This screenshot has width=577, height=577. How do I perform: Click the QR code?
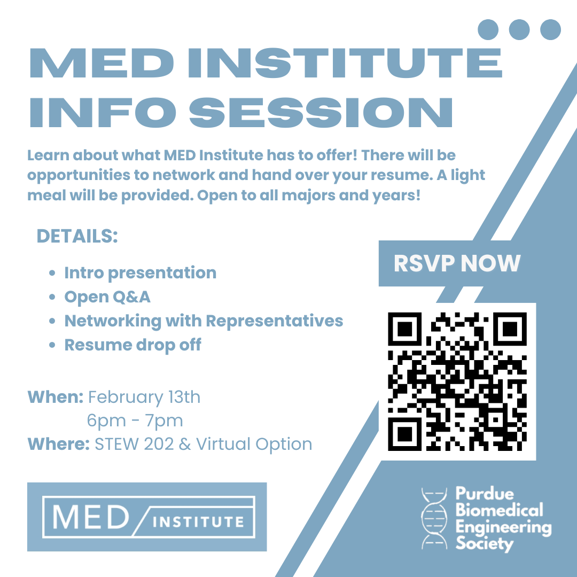(457, 381)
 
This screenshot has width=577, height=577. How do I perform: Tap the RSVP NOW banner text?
(457, 263)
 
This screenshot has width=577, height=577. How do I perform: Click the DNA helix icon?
(434, 518)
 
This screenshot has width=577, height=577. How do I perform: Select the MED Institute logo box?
(147, 517)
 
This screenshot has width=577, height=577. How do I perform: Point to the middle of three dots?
(519, 29)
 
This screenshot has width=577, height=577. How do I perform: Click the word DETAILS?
(77, 236)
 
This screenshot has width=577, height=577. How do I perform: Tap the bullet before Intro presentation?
(52, 273)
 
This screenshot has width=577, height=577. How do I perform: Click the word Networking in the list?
(113, 321)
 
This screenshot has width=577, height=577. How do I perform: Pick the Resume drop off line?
(133, 345)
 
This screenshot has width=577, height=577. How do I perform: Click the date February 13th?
(144, 397)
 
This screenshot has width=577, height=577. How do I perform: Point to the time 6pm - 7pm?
(135, 420)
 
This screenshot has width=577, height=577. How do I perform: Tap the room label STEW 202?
(134, 444)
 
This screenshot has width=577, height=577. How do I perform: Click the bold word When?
(56, 397)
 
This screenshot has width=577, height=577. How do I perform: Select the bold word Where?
(59, 444)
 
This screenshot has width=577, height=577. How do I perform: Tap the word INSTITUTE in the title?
(345, 63)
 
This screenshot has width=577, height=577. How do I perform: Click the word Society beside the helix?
(485, 543)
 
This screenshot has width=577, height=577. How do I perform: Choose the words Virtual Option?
(254, 444)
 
